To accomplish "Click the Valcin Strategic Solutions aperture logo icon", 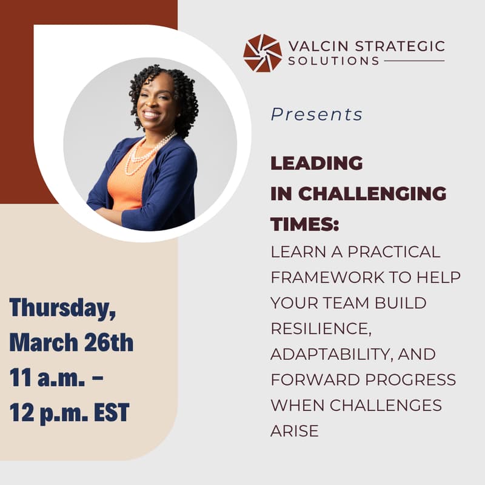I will [x=263, y=53].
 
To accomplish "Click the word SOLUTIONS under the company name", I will [x=334, y=61].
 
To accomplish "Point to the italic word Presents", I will [x=316, y=115].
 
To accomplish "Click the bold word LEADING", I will [x=316, y=163].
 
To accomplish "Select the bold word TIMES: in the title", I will [x=304, y=224].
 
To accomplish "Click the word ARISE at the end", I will [x=294, y=431].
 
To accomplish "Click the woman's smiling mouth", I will [x=150, y=114].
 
